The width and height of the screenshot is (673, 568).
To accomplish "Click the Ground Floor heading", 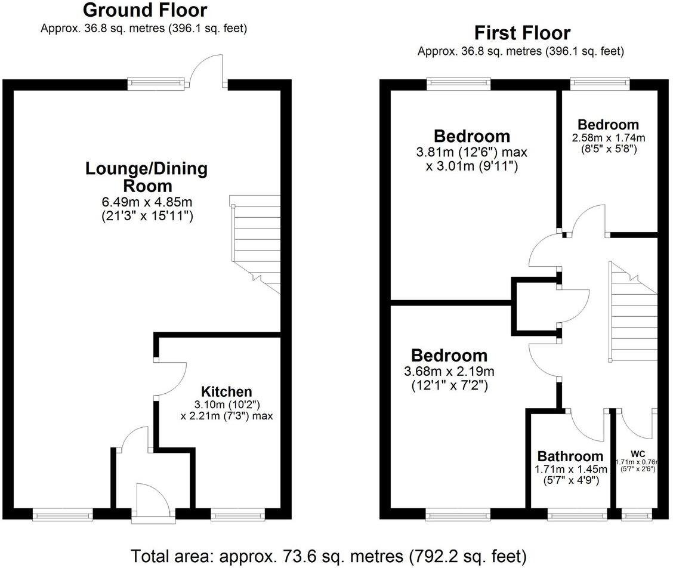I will pos(145,10).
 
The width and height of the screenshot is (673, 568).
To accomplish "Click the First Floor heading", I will pos(521,32).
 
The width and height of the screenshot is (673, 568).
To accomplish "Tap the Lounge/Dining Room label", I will pos(147,177).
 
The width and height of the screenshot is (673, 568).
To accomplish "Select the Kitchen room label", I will pos(226,392).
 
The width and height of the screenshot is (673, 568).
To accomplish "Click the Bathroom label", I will pos(570,456).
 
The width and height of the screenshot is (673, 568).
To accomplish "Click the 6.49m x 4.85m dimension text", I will pos(147,202).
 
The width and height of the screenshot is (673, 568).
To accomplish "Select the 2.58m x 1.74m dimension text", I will pos(608,138).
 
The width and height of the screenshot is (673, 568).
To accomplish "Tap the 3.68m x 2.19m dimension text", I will pos(449,372).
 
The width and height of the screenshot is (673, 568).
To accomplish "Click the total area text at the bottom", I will pos(329,556).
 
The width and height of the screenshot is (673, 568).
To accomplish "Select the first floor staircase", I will pos(632,313).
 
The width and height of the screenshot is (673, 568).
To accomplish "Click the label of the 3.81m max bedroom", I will pos(471,137).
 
